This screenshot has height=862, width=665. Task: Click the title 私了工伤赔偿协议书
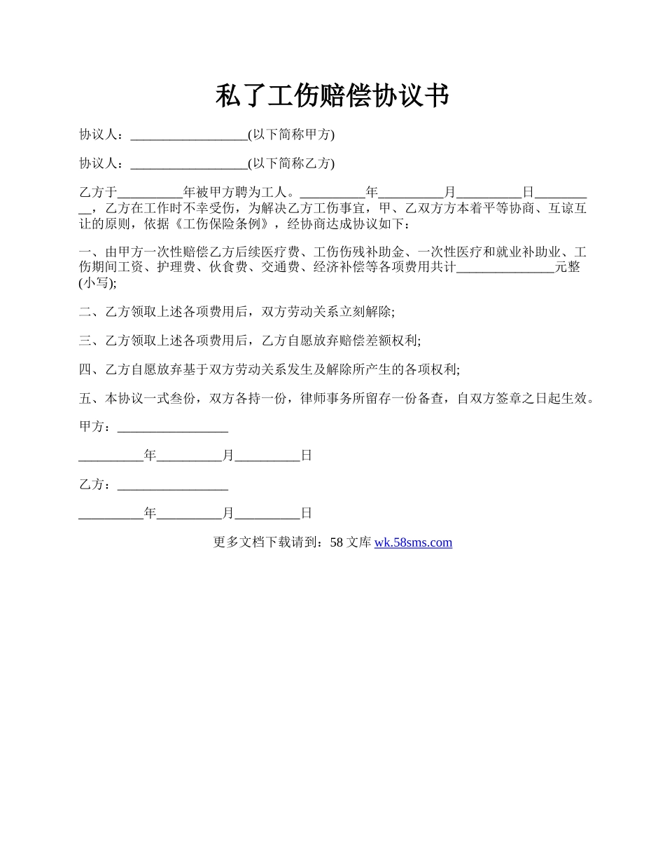[332, 96]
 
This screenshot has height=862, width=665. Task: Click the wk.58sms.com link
[413, 542]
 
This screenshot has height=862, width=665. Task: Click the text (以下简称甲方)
[291, 135]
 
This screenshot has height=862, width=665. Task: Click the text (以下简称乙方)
[291, 164]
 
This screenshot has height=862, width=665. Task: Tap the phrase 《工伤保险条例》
[223, 224]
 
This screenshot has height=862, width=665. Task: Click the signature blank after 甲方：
[173, 427]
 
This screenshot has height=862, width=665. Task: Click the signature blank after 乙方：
[173, 484]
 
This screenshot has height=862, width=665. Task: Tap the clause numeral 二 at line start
[85, 312]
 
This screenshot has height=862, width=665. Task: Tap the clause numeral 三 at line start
[85, 341]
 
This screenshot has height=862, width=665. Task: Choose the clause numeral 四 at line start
[85, 369]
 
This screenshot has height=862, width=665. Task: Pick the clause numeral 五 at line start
[85, 399]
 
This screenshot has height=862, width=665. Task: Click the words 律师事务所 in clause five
[332, 399]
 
